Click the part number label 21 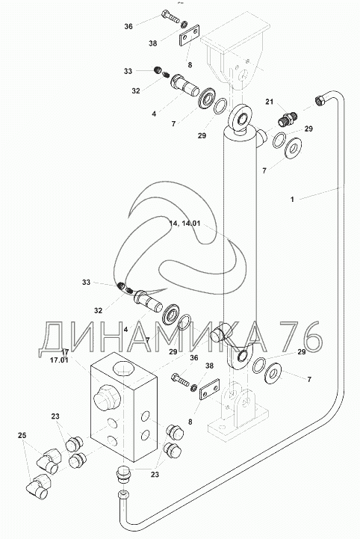[270, 102]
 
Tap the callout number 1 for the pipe [292, 199]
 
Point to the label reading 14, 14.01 [184, 223]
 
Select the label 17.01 [60, 360]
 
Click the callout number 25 [22, 435]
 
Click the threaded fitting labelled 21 [287, 119]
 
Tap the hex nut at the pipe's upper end [320, 100]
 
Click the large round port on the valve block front [107, 398]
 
